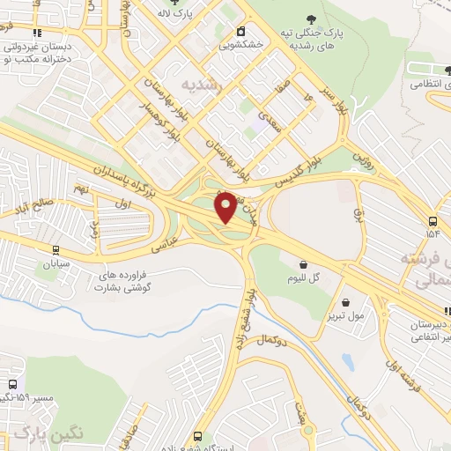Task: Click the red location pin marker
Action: point(226,206)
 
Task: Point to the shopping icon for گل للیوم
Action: point(303,263)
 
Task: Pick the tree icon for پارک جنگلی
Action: point(309,19)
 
